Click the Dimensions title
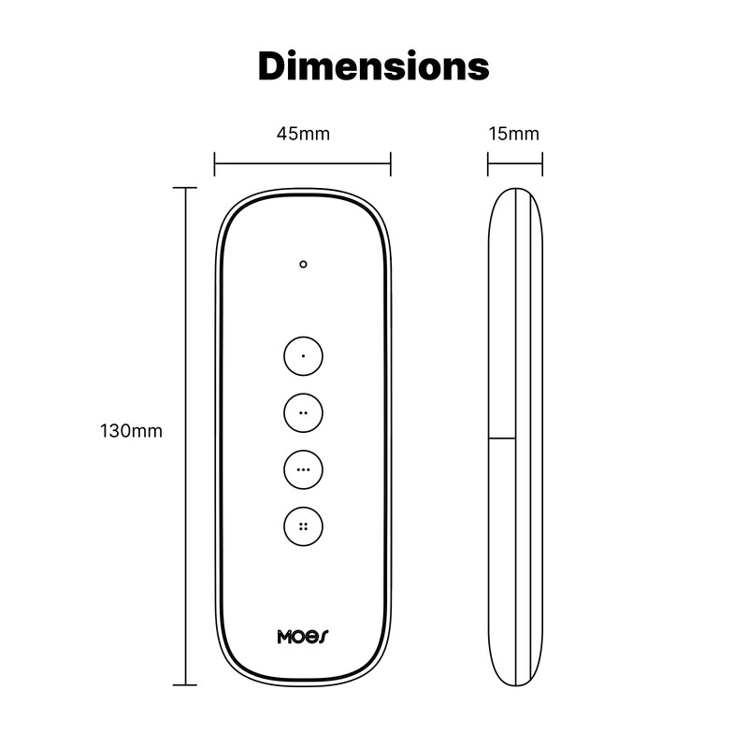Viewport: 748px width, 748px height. pyautogui.click(x=374, y=67)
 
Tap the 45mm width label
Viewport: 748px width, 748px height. pyautogui.click(x=303, y=134)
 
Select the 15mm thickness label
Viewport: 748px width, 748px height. pyautogui.click(x=513, y=134)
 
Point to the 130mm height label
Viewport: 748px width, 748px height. pyautogui.click(x=131, y=431)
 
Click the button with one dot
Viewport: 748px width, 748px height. pyautogui.click(x=303, y=356)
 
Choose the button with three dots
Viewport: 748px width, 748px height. pyautogui.click(x=303, y=468)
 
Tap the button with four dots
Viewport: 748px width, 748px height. pyautogui.click(x=303, y=525)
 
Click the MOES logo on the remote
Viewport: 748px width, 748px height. pyautogui.click(x=303, y=637)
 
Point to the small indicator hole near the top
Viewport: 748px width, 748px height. pyautogui.click(x=303, y=265)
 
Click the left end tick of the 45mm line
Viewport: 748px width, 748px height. pyautogui.click(x=215, y=165)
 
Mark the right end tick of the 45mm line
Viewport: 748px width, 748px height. pyautogui.click(x=391, y=165)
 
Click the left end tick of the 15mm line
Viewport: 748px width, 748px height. pyautogui.click(x=488, y=165)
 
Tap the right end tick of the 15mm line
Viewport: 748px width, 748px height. pyautogui.click(x=542, y=165)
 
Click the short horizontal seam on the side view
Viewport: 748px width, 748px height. pyautogui.click(x=502, y=437)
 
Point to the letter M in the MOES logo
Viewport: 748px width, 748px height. pyautogui.click(x=285, y=637)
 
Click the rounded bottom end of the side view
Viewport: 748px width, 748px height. pyautogui.click(x=515, y=680)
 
